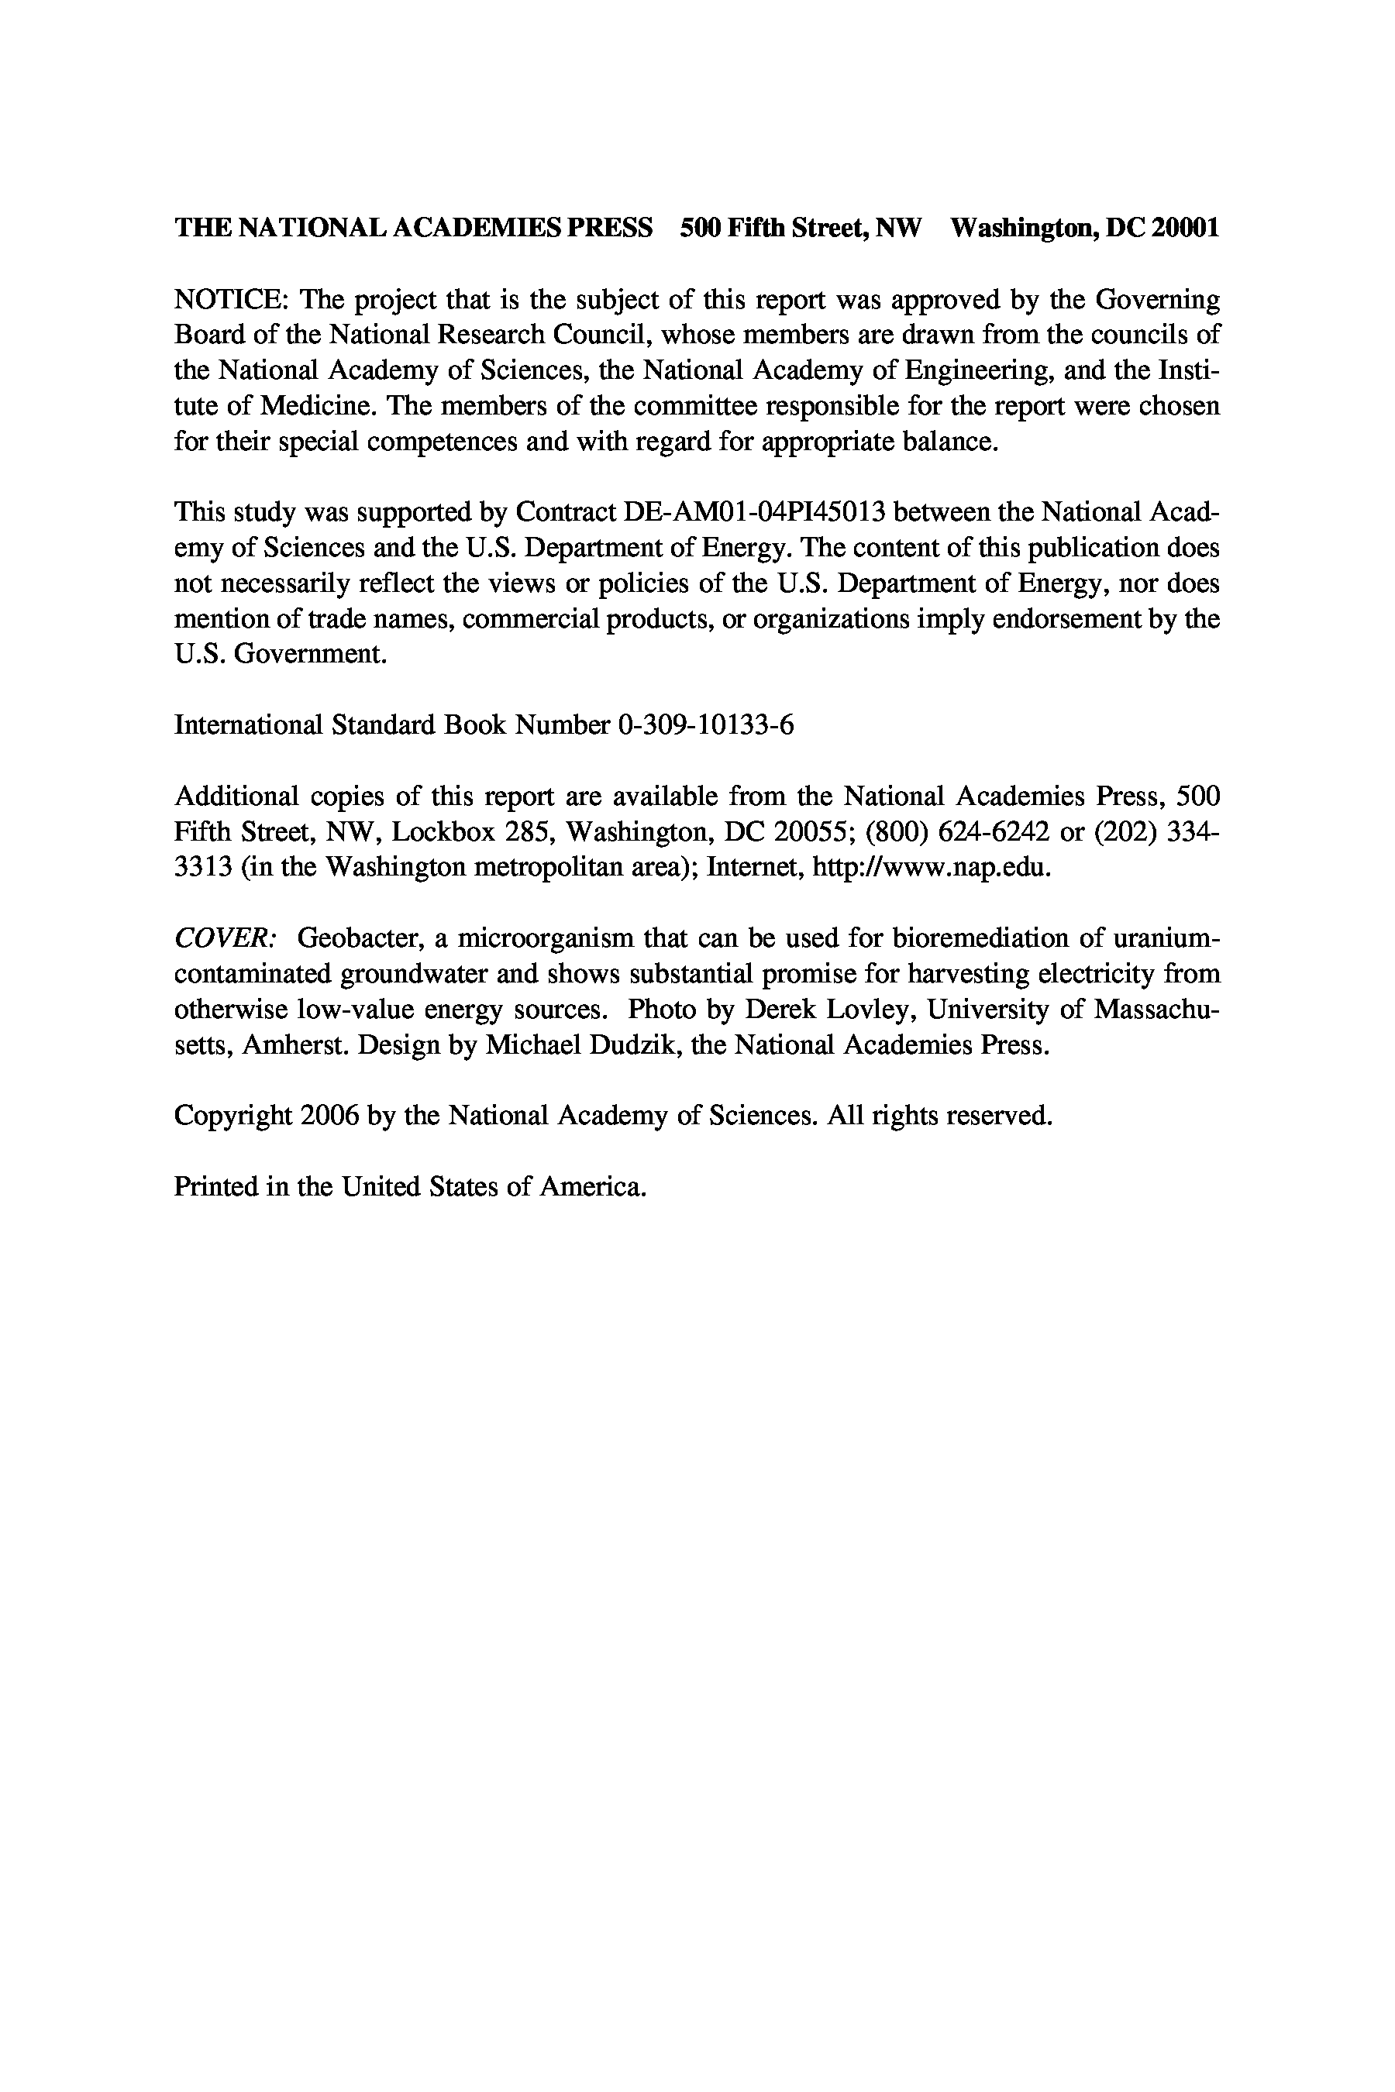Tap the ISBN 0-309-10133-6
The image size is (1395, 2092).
tap(704, 726)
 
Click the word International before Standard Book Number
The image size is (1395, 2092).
tap(248, 726)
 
